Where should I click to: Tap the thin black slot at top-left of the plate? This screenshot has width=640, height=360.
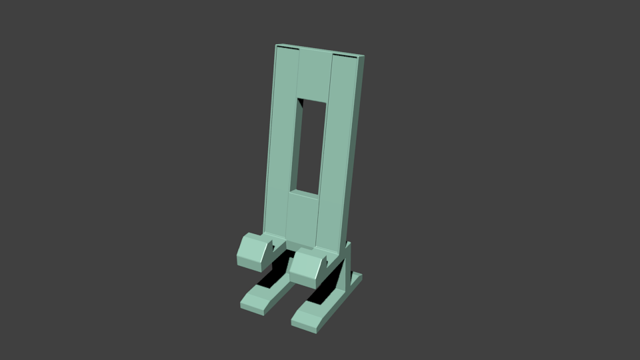pos(287,49)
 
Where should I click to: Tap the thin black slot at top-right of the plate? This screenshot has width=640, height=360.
pos(344,56)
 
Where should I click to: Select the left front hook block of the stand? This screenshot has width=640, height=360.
pos(255,251)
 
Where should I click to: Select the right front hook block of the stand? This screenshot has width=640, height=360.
pos(310,265)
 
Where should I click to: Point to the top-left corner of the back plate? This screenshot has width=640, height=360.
pos(277,46)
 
